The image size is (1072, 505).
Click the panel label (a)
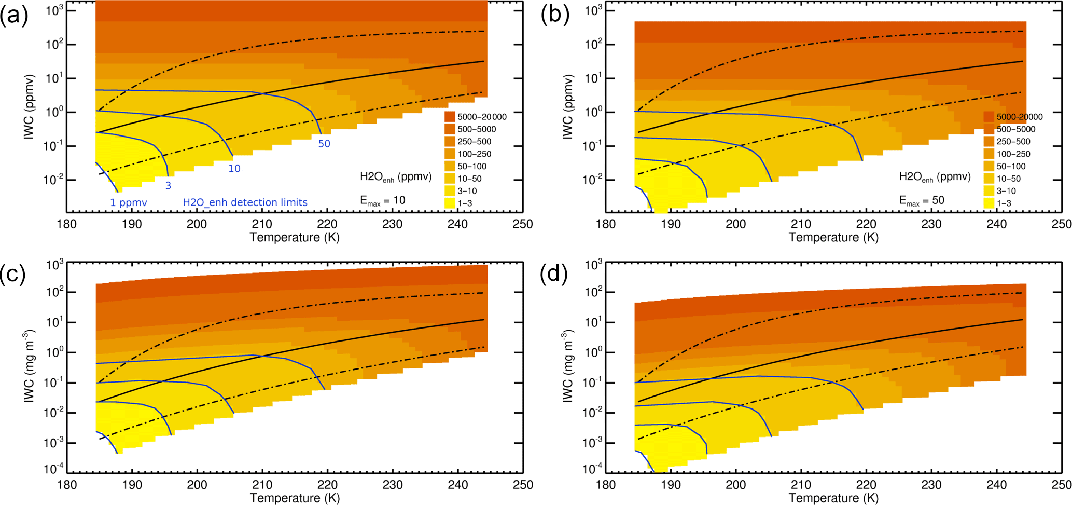click(x=14, y=16)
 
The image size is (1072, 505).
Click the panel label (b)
click(x=554, y=16)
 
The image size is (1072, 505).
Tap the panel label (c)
click(x=14, y=274)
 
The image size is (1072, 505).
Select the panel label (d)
click(x=554, y=274)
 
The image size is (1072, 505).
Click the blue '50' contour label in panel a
click(x=324, y=144)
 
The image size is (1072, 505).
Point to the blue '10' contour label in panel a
click(x=234, y=169)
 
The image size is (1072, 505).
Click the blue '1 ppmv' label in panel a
click(x=129, y=202)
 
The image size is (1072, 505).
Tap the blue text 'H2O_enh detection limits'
click(x=245, y=202)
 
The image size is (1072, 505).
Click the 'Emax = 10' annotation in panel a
click(x=383, y=200)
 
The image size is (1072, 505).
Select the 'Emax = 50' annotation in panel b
click(x=922, y=200)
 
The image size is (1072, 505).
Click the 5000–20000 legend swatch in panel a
click(x=450, y=117)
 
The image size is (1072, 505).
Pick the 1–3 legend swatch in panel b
click(x=989, y=203)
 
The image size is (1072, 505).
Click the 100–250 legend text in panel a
click(x=474, y=154)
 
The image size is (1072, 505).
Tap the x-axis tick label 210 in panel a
click(x=262, y=224)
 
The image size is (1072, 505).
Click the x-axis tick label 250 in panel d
click(x=1061, y=485)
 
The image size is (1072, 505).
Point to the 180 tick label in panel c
click(x=66, y=485)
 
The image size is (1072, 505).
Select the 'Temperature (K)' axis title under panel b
click(x=833, y=237)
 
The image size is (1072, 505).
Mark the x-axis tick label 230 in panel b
click(x=931, y=224)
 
